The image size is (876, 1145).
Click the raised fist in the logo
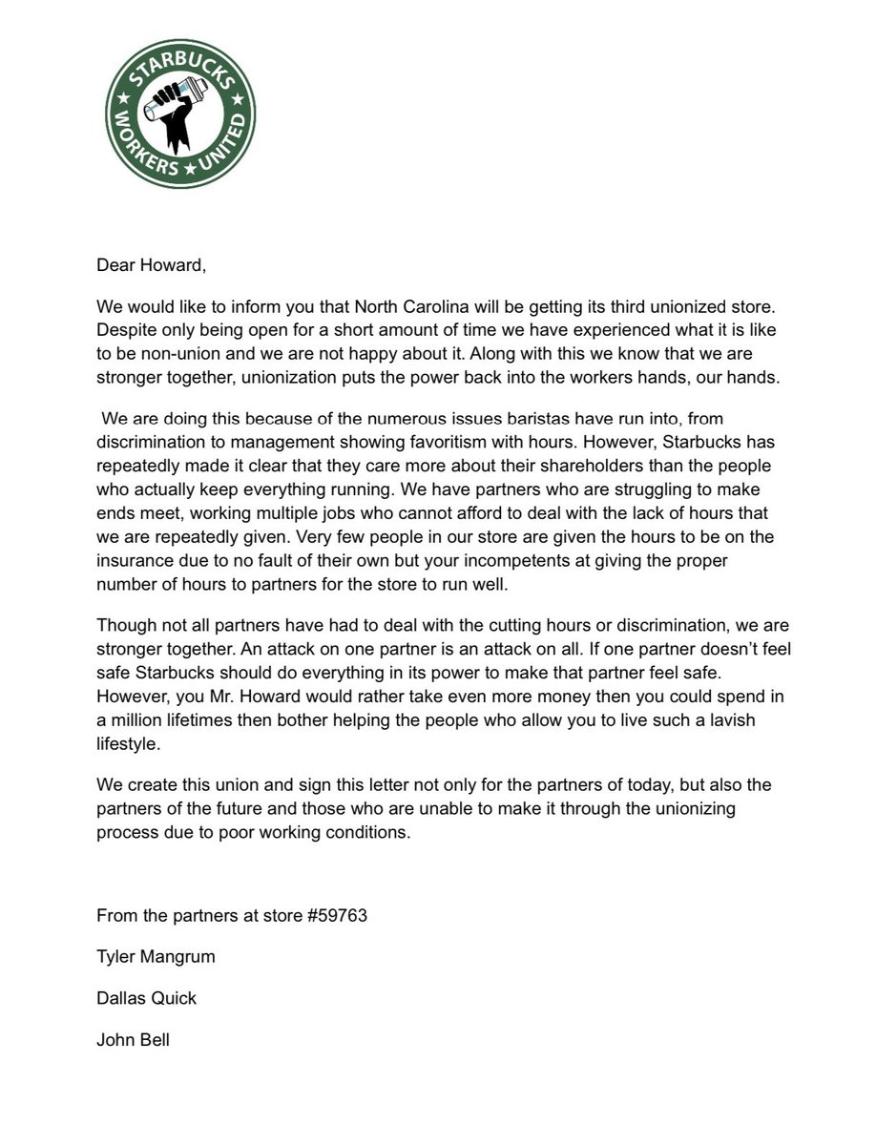click(x=180, y=128)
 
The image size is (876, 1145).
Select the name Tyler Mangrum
click(x=156, y=957)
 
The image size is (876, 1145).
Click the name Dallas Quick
click(x=146, y=998)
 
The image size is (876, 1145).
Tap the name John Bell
click(x=133, y=1039)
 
